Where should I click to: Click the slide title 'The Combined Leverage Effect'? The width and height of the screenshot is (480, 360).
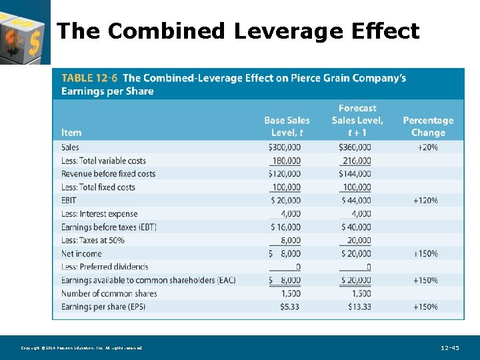coord(238,31)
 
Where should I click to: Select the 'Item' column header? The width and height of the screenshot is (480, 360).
coord(71,133)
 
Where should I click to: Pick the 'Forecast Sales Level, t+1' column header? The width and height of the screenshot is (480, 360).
coord(357,120)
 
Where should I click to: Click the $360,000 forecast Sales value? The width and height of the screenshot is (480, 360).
coord(356,147)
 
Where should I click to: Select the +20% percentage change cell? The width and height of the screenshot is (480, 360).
coord(427,147)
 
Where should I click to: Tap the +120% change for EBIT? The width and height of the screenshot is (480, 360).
coord(425,201)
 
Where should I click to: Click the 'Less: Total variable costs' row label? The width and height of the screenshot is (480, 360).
coord(103,161)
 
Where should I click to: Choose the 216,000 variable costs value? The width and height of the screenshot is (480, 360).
coord(357,161)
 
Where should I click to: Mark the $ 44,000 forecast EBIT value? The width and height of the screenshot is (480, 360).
coord(356,201)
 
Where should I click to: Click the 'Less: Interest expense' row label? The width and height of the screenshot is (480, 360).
coord(99,214)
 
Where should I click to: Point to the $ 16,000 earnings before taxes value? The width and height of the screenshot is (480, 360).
coord(285,227)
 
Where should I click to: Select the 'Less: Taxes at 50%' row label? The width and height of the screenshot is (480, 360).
coord(93,240)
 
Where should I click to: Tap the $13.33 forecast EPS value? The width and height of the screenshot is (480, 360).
coord(359,307)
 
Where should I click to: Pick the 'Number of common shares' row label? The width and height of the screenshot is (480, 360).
coord(109,293)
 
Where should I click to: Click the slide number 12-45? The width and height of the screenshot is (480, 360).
coord(450,348)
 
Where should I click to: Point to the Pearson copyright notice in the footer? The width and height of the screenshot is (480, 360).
coord(81,348)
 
